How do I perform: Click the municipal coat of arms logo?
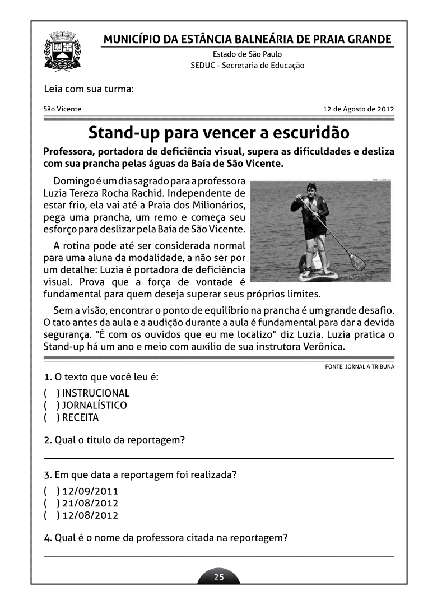62,51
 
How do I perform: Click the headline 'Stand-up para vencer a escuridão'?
219,133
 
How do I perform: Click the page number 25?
219,577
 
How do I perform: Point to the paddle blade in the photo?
356,260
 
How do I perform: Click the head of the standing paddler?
311,189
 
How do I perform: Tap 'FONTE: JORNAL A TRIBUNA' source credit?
359,367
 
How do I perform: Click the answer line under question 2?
219,458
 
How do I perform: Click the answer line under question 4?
219,556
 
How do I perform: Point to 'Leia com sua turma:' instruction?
89,89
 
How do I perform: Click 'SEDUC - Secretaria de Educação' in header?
247,66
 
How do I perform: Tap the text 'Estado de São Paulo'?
247,54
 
